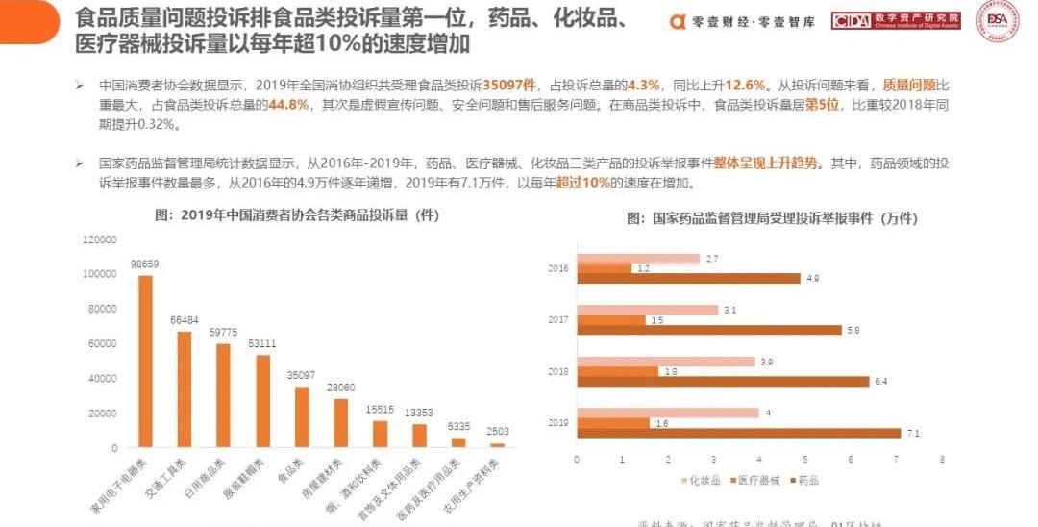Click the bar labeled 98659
point(145,361)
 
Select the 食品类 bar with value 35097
point(302,416)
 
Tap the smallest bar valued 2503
point(497,445)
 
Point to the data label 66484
point(185,319)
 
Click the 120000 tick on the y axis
point(100,238)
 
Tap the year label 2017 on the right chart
point(558,319)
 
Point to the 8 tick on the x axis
point(943,460)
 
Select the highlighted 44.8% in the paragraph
point(288,105)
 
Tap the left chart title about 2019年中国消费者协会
point(297,216)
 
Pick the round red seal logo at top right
point(999,21)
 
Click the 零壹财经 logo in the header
point(742,21)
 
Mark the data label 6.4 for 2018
point(881,382)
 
